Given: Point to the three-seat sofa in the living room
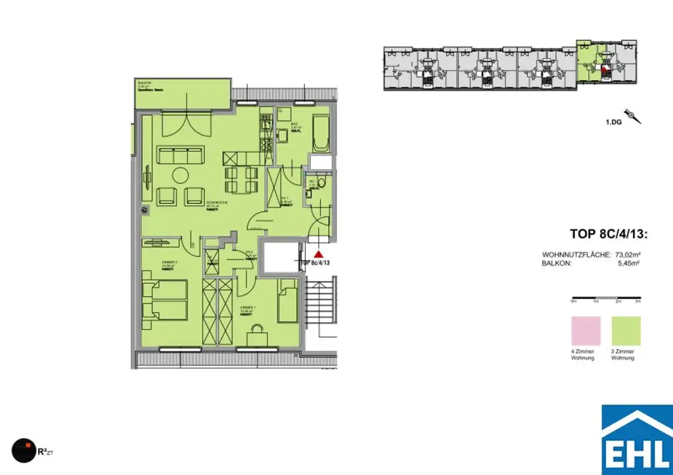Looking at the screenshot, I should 179,156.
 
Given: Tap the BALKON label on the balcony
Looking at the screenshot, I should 142,82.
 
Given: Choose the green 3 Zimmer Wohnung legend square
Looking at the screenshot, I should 626,330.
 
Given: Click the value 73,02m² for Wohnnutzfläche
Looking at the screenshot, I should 627,254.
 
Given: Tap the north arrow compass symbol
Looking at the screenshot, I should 634,117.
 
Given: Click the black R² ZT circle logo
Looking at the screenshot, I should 24,449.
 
